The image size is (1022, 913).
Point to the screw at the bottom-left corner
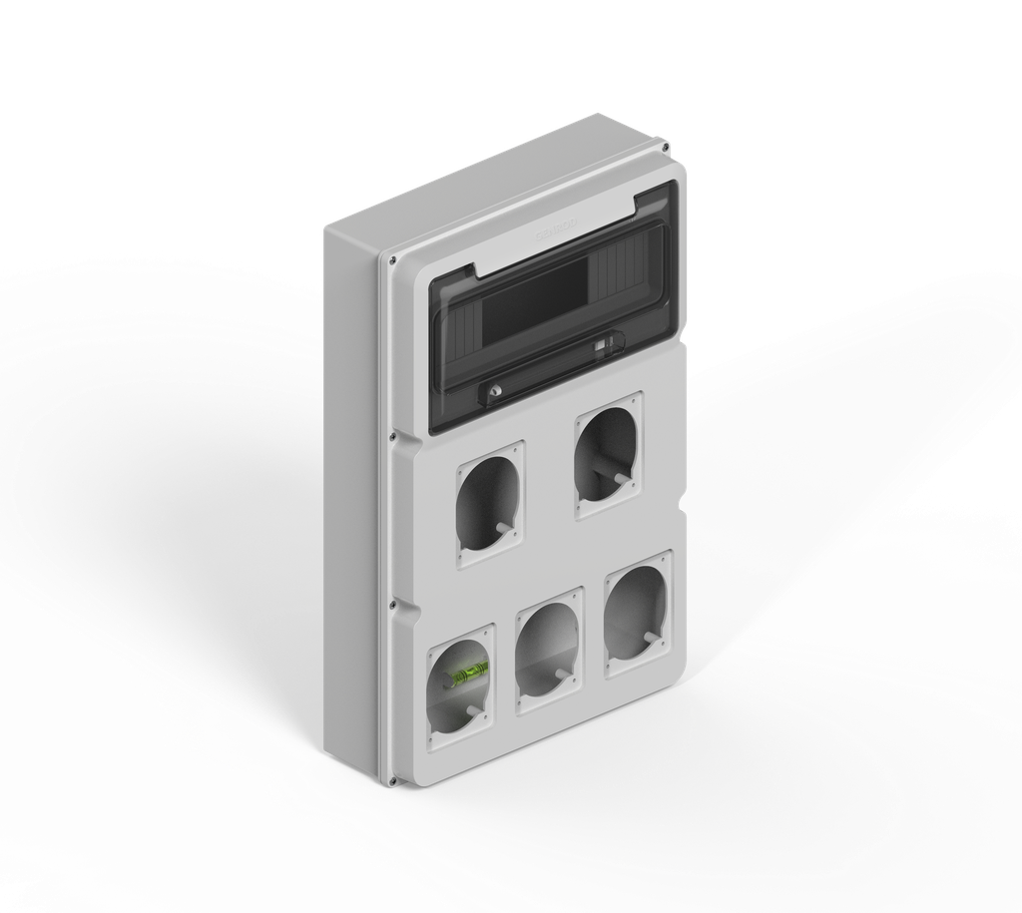pyautogui.click(x=392, y=780)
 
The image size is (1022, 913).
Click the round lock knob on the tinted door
pyautogui.click(x=494, y=391)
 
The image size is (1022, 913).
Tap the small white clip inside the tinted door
pyautogui.click(x=602, y=345)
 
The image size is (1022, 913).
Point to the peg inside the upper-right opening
pyautogui.click(x=622, y=479)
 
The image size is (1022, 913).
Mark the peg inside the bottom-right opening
pyautogui.click(x=651, y=635)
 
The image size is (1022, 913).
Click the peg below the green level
pyautogui.click(x=472, y=710)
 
